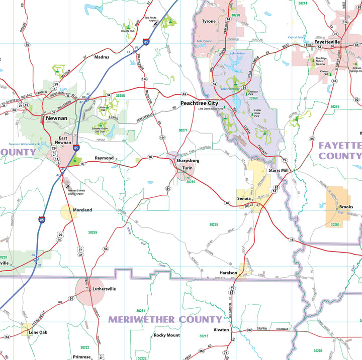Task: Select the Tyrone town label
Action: tap(208, 22)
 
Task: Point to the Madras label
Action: tap(102, 57)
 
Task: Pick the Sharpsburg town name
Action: tap(188, 160)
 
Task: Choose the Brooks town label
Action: tap(346, 207)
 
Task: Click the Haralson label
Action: tap(228, 273)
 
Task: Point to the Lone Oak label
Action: tap(38, 332)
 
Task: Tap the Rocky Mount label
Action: tap(166, 335)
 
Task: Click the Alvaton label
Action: tap(221, 330)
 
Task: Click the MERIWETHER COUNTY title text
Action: tap(165, 319)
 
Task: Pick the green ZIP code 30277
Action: tap(183, 130)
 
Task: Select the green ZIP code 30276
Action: tap(214, 224)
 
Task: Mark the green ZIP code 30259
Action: tap(92, 232)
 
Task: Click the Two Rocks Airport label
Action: tap(151, 20)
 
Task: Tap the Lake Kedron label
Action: tap(237, 53)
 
